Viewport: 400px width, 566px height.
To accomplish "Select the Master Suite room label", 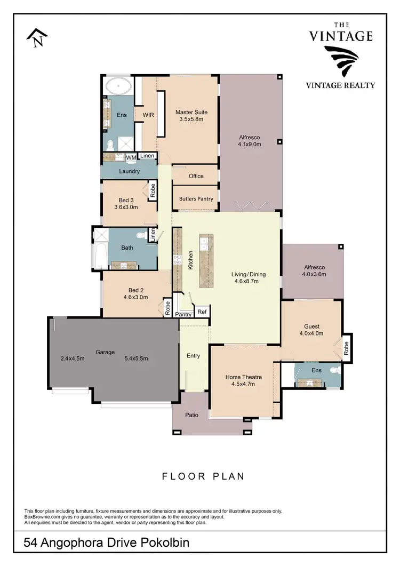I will click(x=191, y=113).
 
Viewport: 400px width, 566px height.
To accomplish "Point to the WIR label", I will click(x=148, y=115).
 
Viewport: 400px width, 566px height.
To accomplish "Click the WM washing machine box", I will click(x=131, y=157).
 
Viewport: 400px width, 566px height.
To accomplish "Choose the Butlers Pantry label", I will click(x=196, y=198).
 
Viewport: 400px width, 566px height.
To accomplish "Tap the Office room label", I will click(x=196, y=176).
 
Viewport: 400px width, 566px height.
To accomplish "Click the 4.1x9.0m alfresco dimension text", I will click(x=249, y=144).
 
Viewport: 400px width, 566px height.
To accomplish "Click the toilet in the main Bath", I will click(x=141, y=235).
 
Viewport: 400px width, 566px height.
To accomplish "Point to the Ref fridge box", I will click(x=202, y=312).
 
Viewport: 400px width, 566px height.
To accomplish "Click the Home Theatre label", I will click(x=243, y=377).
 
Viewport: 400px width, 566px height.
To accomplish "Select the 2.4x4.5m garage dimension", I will click(x=73, y=358).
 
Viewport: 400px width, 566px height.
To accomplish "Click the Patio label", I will click(x=192, y=414).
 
